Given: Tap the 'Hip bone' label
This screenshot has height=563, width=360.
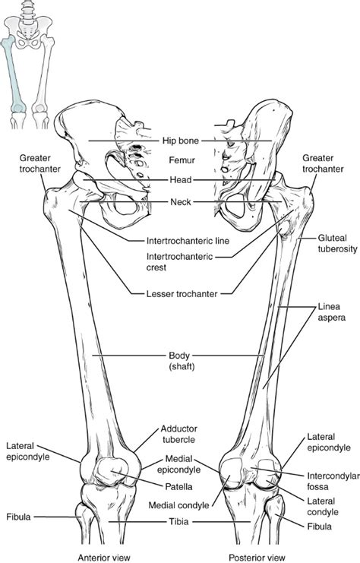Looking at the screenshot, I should [x=180, y=141].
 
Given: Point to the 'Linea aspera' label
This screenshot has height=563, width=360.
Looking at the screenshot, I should [x=331, y=313].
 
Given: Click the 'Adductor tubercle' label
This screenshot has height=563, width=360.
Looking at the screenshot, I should [x=179, y=434].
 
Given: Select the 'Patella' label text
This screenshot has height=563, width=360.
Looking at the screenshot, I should [x=180, y=486].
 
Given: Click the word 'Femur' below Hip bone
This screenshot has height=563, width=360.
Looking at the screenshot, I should [x=180, y=160].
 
